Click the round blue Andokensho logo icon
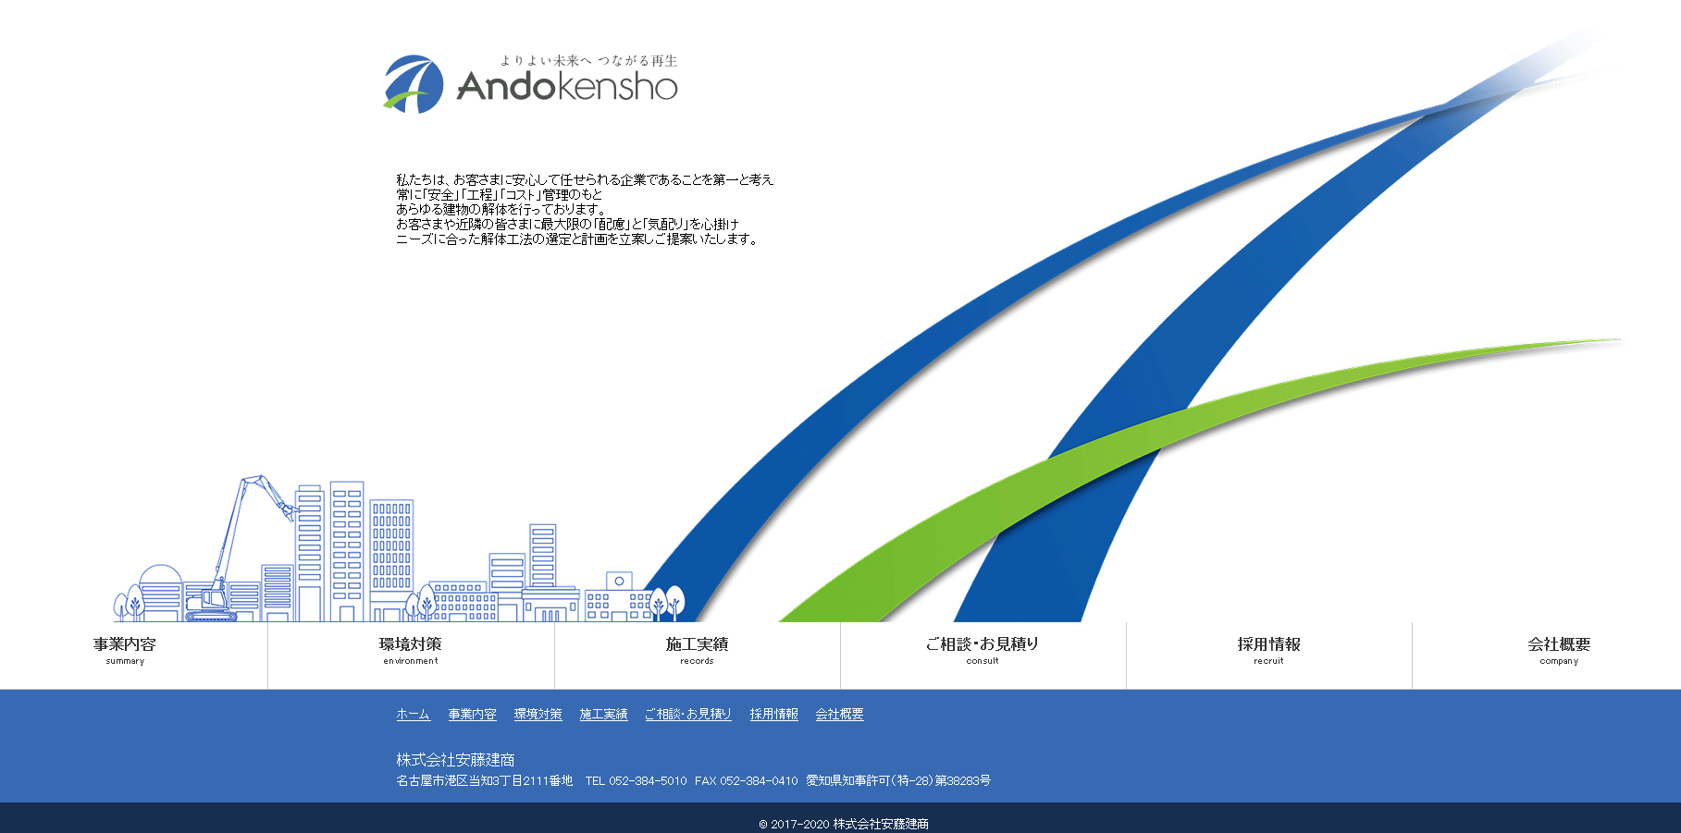(414, 84)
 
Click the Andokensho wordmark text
(567, 87)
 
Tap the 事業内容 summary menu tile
(125, 651)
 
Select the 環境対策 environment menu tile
(411, 651)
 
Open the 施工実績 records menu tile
(697, 651)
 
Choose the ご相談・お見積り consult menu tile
(983, 651)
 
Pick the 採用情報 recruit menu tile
(1268, 651)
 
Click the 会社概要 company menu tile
(1559, 651)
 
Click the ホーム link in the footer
(413, 715)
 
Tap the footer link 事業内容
(472, 715)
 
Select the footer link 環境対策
(538, 715)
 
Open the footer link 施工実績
(603, 715)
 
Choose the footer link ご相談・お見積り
(687, 715)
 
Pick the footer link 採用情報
(773, 715)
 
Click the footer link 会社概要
(839, 715)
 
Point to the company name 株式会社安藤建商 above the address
(455, 760)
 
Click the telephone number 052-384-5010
(647, 781)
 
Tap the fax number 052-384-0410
(758, 781)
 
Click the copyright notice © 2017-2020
(843, 824)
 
